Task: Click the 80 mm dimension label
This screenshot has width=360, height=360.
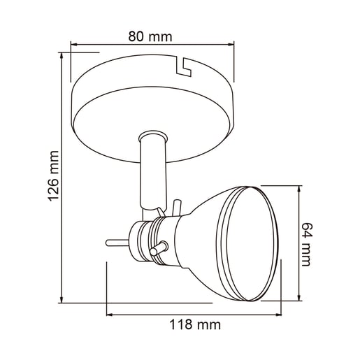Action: coord(150,36)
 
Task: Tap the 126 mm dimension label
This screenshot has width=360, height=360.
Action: coord(53,176)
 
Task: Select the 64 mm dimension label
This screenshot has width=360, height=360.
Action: coord(307,245)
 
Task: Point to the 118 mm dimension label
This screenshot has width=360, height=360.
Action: coord(195,324)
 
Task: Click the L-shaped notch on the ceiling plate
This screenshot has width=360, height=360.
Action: coord(184,68)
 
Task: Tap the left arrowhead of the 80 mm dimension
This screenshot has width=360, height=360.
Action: coord(74,44)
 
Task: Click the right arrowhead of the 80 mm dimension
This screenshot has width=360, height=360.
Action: coord(231,44)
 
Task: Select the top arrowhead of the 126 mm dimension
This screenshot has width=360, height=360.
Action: coord(62,56)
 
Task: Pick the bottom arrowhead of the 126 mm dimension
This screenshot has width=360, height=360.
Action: coord(62,299)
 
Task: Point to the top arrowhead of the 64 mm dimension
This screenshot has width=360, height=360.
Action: coord(299,189)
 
